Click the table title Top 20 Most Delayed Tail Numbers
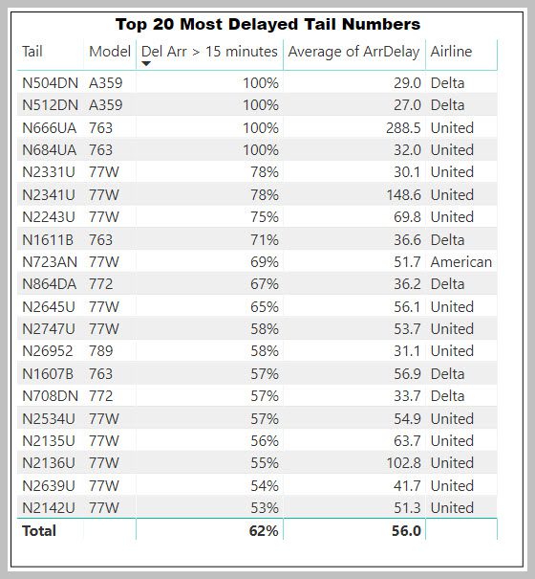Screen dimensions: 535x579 [267, 24]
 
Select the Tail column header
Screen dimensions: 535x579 [32, 52]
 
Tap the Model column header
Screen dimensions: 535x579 [110, 52]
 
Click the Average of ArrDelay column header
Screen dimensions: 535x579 [354, 52]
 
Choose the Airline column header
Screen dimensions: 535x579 [451, 52]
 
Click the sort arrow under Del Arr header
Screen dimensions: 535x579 [146, 64]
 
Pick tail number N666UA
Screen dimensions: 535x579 [49, 128]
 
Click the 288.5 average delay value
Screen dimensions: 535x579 [403, 128]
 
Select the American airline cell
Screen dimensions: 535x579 [461, 262]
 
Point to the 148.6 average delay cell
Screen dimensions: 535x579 [403, 194]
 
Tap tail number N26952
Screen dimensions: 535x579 [48, 351]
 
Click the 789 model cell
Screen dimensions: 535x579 [100, 351]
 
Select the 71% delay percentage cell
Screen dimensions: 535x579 [265, 240]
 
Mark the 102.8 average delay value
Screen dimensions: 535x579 [403, 462]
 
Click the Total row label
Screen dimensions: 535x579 [39, 531]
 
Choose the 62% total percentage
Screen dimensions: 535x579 [264, 531]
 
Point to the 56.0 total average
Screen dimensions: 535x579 [406, 531]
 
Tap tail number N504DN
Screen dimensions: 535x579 [50, 83]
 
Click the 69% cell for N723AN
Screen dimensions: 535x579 [265, 262]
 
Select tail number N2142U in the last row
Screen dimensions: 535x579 [49, 508]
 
